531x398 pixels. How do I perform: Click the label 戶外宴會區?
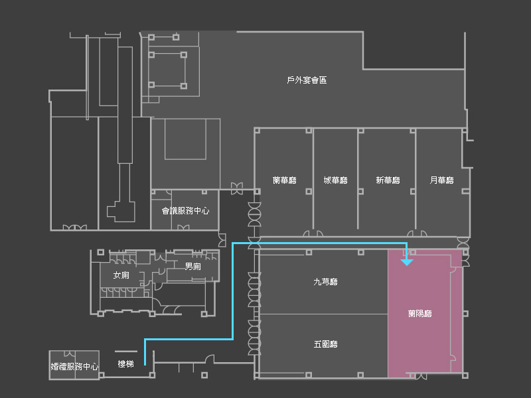[307, 80]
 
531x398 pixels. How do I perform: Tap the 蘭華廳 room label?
[285, 180]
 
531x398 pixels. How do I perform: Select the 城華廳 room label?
[335, 180]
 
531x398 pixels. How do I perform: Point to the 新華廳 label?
[388, 180]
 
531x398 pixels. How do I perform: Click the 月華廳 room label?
[441, 180]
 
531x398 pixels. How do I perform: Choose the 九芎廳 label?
[325, 281]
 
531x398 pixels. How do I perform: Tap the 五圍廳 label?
[325, 344]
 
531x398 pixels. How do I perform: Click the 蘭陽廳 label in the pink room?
[420, 313]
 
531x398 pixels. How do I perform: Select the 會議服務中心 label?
[185, 211]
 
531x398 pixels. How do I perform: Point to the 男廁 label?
[192, 267]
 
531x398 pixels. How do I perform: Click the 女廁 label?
[121, 275]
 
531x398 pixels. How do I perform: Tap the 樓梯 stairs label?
[125, 364]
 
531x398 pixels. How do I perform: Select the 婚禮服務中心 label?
[74, 366]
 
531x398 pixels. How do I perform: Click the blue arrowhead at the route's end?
[407, 262]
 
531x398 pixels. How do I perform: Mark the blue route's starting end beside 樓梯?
[145, 364]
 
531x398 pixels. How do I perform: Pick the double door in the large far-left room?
[75, 228]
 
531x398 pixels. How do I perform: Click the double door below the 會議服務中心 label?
[183, 228]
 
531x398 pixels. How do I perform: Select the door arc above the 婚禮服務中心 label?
[70, 354]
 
